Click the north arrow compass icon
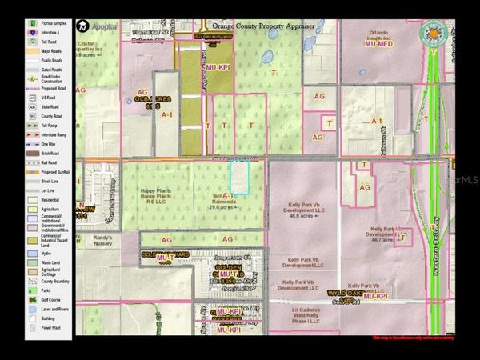tap(82, 26)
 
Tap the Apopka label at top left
tap(104, 26)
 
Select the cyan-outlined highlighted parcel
tap(240, 176)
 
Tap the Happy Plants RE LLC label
tap(158, 195)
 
